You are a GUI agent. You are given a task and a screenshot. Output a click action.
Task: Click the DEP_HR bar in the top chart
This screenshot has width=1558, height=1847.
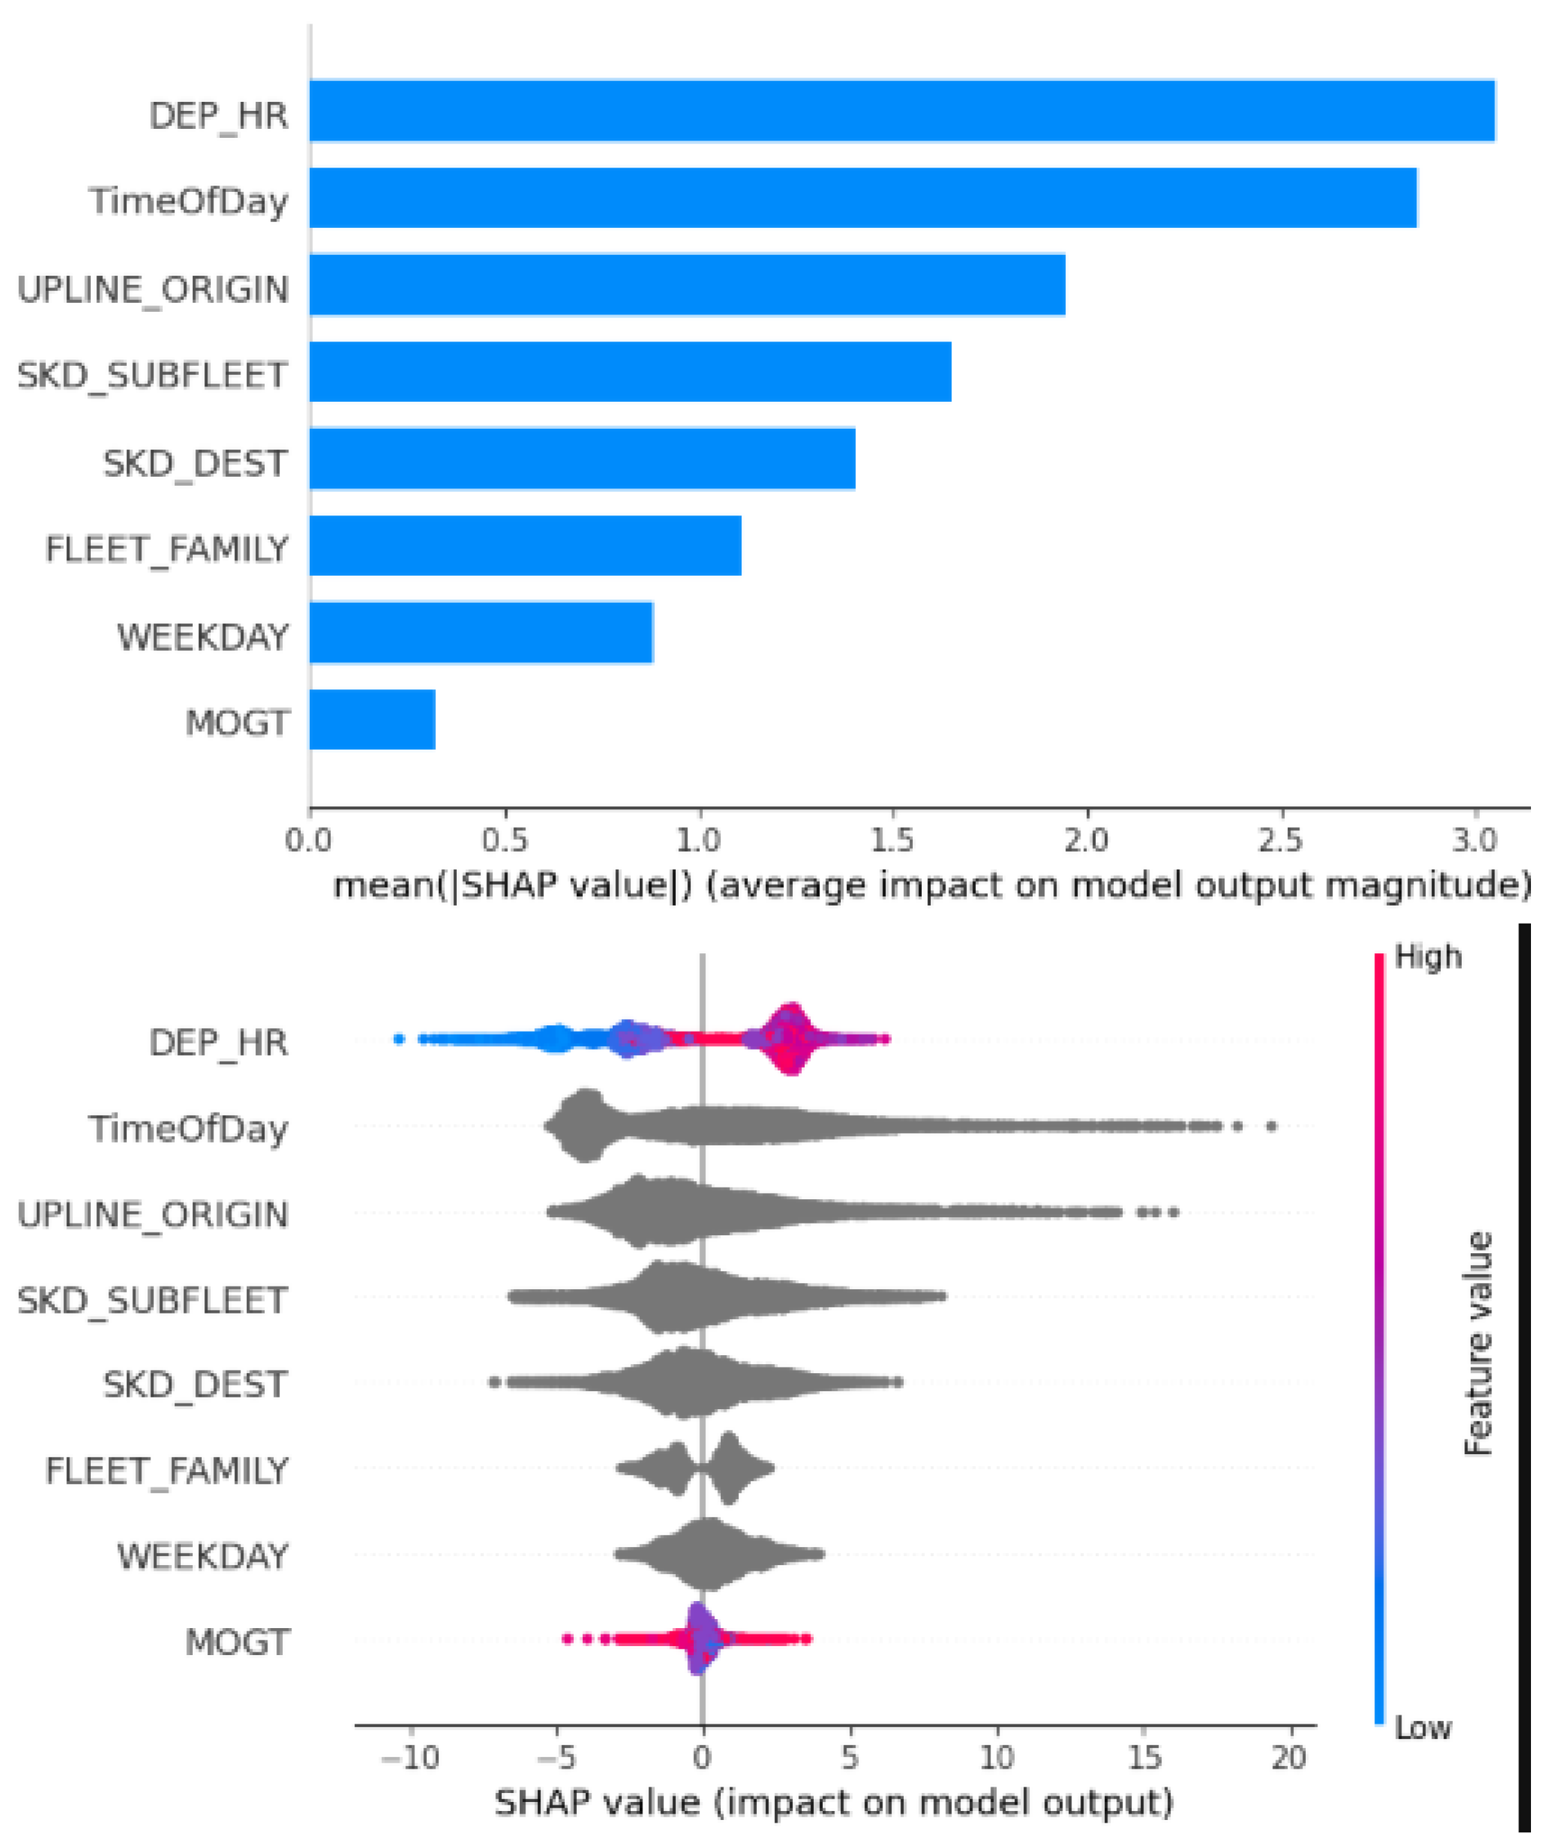point(901,110)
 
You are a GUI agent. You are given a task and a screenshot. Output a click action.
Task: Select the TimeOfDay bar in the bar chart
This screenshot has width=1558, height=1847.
point(862,197)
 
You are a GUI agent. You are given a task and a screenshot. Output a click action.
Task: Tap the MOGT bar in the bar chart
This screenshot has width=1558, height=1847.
point(372,720)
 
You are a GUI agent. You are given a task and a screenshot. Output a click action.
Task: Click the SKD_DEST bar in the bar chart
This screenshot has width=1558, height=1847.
point(581,458)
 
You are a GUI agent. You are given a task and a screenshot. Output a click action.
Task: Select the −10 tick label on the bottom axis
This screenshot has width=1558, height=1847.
point(410,1758)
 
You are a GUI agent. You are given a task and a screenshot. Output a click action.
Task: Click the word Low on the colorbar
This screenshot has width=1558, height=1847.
point(1422,1728)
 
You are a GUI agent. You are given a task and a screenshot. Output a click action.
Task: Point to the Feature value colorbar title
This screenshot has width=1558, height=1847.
point(1478,1343)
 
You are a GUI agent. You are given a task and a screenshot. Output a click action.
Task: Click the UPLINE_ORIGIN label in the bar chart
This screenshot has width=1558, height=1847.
point(152,290)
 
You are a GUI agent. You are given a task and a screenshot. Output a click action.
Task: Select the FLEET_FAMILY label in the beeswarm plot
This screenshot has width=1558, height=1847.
point(166,1471)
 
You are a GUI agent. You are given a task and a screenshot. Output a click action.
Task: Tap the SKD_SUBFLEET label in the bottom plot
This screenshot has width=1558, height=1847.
point(152,1300)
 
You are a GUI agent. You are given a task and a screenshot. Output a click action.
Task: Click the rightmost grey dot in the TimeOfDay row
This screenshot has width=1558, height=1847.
point(1271,1126)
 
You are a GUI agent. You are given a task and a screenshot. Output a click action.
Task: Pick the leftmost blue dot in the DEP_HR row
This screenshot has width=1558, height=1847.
point(399,1039)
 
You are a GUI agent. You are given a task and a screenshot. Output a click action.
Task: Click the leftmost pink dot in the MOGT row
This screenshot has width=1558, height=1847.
point(567,1638)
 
